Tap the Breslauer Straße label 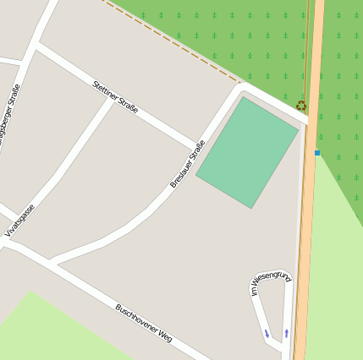click(x=188, y=163)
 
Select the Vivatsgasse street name click(x=20, y=220)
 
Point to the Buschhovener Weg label click(x=144, y=322)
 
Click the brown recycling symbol click(x=300, y=106)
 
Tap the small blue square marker click(x=317, y=153)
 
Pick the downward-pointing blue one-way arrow click(x=267, y=333)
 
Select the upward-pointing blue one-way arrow click(x=286, y=333)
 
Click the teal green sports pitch click(x=247, y=152)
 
